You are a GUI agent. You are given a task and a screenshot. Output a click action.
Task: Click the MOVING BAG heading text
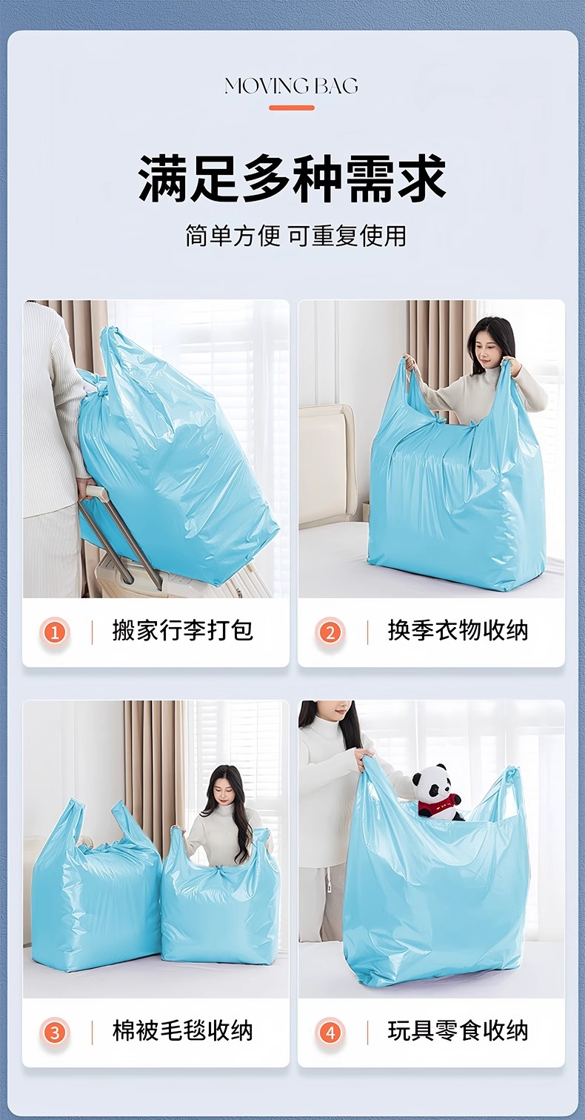point(291,86)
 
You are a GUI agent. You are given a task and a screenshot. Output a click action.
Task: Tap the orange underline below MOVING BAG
point(292,107)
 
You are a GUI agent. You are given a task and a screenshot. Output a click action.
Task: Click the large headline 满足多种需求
point(292,179)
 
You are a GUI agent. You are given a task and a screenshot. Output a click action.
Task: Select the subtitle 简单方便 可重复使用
point(295,236)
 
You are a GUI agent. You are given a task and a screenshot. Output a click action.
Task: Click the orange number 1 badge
point(55,632)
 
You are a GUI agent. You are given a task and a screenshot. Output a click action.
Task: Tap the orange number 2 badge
point(330,632)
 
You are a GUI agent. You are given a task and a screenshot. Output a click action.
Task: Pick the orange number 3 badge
point(55,1033)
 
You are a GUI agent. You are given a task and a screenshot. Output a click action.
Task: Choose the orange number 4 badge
point(330,1033)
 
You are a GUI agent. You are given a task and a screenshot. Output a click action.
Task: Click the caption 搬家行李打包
point(183,631)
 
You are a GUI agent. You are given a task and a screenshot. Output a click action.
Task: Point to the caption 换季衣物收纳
point(458,631)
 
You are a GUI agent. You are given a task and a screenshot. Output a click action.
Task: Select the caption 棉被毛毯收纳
point(183,1030)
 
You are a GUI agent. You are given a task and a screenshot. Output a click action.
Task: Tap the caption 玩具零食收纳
point(458,1030)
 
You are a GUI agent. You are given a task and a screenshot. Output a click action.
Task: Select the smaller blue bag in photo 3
point(221,895)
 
